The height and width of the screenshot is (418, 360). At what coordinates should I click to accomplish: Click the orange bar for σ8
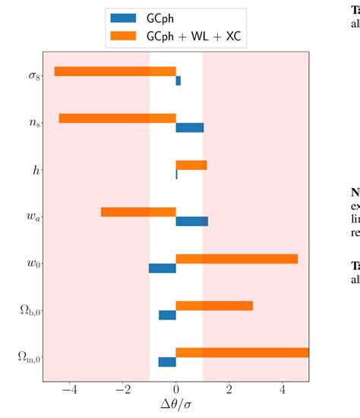click(x=115, y=71)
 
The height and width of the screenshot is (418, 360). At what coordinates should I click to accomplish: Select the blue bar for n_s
click(x=189, y=127)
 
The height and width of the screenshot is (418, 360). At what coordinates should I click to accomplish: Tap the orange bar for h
click(x=191, y=165)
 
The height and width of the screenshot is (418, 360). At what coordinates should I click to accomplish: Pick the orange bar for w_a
click(x=138, y=212)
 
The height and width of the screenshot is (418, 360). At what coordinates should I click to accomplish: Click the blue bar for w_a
click(x=191, y=222)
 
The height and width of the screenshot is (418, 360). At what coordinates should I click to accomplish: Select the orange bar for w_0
click(x=236, y=259)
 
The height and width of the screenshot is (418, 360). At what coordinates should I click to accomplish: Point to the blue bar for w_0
click(x=163, y=268)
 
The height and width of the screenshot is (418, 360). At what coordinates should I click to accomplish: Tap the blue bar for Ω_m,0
click(x=167, y=362)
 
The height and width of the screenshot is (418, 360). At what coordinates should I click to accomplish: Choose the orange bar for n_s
click(x=117, y=118)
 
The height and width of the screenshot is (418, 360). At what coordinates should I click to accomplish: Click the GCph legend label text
click(x=163, y=17)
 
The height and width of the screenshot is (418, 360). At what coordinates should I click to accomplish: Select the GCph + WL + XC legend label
click(x=196, y=35)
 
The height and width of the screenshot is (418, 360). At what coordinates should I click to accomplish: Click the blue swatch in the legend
click(x=123, y=17)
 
